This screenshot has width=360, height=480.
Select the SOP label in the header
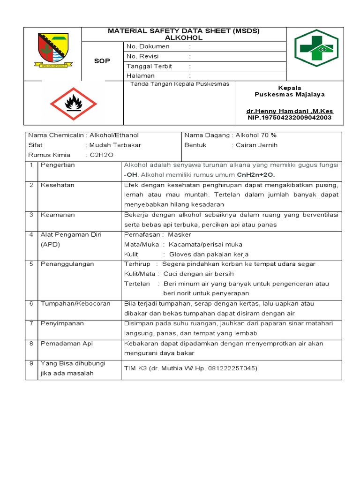coord(102,61)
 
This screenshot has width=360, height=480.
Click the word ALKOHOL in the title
coord(183,37)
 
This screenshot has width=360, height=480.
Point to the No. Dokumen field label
coord(148,46)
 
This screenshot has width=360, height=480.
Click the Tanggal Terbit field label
coord(150,66)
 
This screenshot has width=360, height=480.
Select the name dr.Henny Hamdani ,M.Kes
coord(289,111)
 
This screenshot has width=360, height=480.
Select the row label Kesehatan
coord(58,185)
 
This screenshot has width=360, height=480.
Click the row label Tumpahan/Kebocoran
coord(75,304)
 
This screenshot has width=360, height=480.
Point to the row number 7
coord(31,323)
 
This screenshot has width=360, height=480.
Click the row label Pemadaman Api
coord(67,344)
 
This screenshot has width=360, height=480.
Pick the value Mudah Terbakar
coord(115,145)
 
